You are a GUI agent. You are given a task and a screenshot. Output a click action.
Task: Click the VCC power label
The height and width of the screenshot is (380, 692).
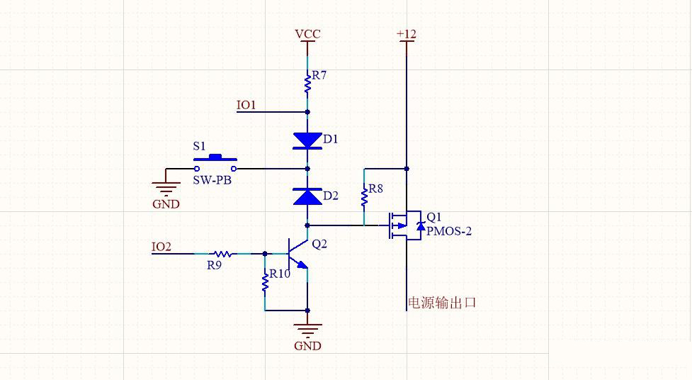tap(307, 34)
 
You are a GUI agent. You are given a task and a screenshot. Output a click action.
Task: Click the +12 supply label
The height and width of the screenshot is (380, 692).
tap(407, 34)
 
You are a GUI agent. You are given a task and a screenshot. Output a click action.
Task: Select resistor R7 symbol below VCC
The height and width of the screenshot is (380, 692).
tap(307, 84)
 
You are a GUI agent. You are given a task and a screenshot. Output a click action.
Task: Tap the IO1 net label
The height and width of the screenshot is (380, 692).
tap(246, 105)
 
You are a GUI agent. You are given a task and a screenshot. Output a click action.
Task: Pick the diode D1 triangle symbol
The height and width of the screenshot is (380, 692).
tap(307, 140)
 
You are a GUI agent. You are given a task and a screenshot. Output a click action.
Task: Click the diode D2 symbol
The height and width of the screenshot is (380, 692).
tap(307, 196)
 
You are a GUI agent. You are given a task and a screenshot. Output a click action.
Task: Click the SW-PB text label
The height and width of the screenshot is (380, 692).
tap(212, 180)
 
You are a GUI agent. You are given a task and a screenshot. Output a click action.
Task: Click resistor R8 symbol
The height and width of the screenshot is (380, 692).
tap(364, 196)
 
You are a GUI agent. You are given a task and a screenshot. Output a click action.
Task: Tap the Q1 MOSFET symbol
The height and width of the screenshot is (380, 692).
tap(404, 225)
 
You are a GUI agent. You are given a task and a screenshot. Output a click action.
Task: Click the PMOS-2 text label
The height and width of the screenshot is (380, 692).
tap(448, 231)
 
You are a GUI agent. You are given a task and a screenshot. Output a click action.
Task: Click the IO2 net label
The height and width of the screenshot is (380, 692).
tap(161, 247)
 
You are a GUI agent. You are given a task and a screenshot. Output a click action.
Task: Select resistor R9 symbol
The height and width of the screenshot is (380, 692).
tap(222, 253)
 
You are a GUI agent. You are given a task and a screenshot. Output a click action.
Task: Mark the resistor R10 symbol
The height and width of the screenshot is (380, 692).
tap(265, 281)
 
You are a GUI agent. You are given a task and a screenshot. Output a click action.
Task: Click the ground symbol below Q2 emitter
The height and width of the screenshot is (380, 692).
tap(307, 330)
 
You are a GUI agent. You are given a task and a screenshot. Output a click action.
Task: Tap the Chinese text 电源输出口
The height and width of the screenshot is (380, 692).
tap(441, 303)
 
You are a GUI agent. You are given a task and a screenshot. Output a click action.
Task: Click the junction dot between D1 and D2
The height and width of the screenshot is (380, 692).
tap(307, 169)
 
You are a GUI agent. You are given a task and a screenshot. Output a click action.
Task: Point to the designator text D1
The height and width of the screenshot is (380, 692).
tap(330, 140)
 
